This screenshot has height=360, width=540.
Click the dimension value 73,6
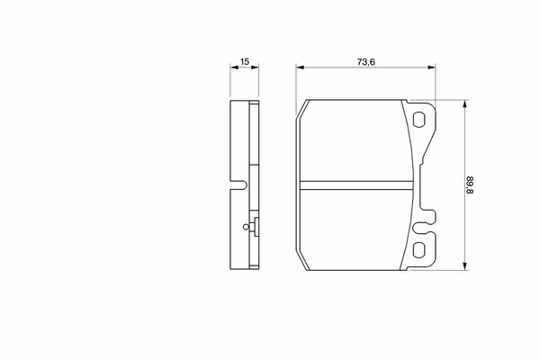(x=364, y=62)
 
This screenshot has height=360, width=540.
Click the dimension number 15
(x=244, y=62)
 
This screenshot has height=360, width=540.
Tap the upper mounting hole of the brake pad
(x=420, y=119)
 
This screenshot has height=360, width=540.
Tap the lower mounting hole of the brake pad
(x=420, y=251)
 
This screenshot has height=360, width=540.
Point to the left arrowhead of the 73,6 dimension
(x=301, y=69)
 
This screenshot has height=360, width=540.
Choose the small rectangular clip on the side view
(x=256, y=228)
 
